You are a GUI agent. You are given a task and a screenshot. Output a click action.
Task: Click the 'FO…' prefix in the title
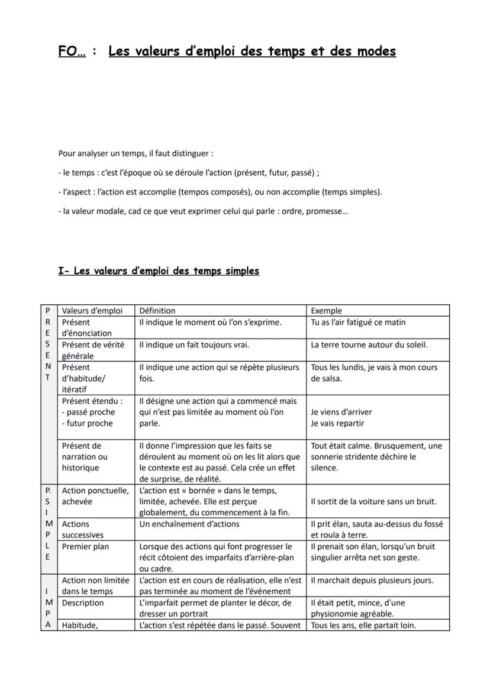coord(72,51)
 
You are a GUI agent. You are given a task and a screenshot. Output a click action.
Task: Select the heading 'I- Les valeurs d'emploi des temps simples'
coord(159,271)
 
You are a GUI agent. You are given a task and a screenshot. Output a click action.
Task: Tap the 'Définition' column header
coord(157,311)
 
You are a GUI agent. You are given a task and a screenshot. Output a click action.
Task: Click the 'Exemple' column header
coord(326,311)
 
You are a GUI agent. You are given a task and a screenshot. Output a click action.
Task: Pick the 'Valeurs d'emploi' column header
coord(92,311)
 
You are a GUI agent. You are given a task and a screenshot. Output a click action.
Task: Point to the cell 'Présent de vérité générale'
coord(94,350)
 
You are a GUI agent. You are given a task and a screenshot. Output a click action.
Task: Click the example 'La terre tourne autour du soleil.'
coord(369,344)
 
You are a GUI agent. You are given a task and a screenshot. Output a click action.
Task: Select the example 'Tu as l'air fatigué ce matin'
coord(359,323)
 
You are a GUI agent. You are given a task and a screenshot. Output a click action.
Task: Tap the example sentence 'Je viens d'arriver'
coord(341,412)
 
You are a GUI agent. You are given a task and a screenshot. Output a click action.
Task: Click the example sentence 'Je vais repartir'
coord(337,423)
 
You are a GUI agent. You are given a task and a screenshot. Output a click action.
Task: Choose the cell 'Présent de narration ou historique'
coord(85,456)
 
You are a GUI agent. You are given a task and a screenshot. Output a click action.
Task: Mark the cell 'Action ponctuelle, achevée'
coord(95,496)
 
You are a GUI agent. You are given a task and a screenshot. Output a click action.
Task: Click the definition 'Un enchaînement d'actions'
coord(189,524)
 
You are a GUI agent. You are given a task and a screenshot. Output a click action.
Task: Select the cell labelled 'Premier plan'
coord(85,546)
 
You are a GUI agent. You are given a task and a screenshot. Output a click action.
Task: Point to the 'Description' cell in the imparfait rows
coord(83,603)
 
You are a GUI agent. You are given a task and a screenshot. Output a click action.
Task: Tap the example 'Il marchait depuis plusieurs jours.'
coord(372,581)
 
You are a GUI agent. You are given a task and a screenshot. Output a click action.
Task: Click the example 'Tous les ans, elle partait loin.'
coord(363,626)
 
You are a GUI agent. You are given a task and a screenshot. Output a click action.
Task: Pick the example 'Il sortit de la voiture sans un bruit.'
coord(373,501)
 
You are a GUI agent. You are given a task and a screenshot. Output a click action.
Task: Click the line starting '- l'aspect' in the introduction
coord(220,192)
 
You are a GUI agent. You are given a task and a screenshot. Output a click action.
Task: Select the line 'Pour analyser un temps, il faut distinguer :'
coord(136,154)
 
